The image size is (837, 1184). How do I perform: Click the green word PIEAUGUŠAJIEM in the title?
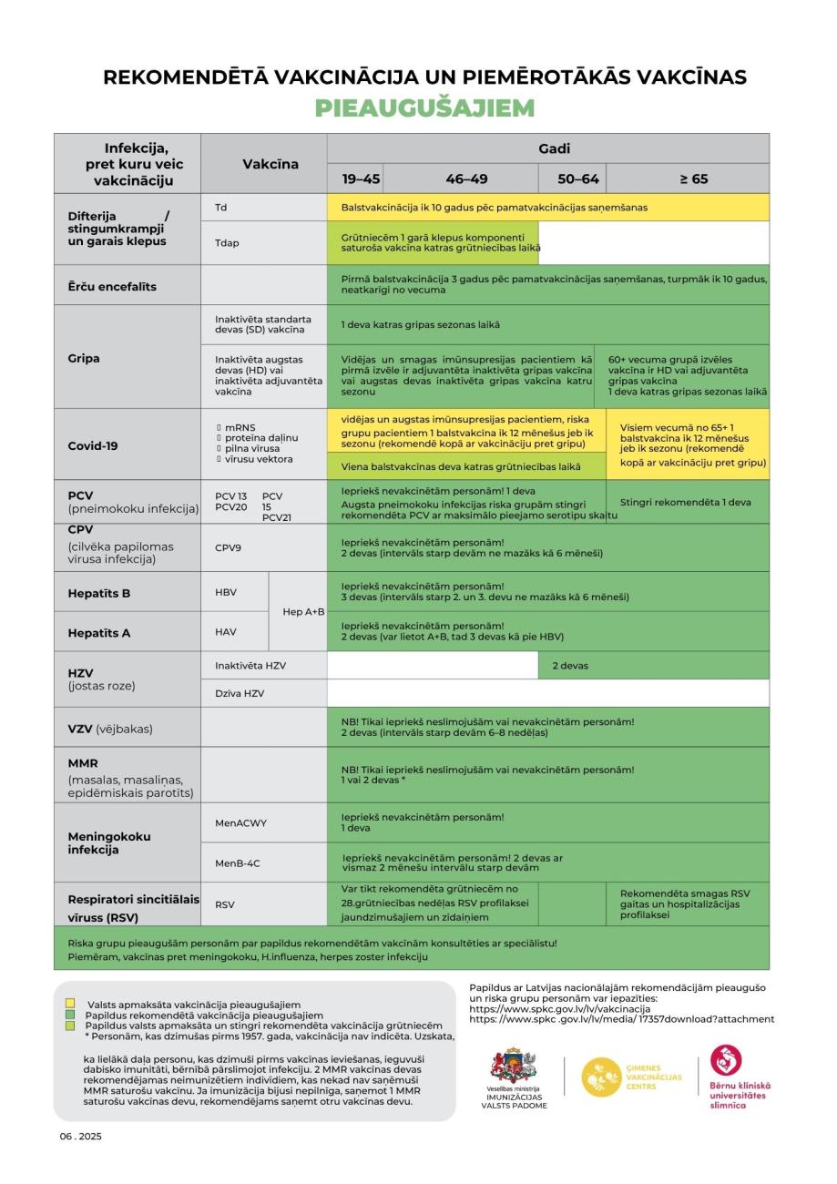[424, 108]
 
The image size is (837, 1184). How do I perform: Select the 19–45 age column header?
[362, 179]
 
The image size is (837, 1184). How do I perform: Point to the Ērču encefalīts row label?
[112, 286]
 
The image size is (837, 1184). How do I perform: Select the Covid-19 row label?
[94, 446]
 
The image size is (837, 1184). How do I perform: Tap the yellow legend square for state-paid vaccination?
[70, 1004]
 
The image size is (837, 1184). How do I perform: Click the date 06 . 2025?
[81, 1137]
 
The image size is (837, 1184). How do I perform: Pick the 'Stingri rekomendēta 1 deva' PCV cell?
[686, 502]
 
